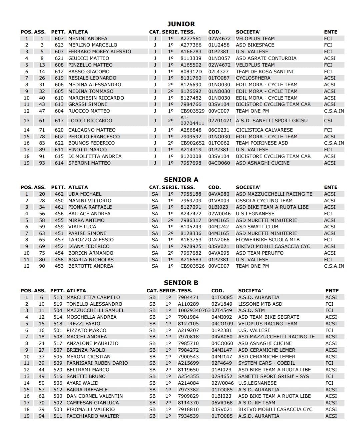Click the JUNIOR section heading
coord(181,24)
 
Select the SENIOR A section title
coord(181,180)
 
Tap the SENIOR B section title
coord(181,283)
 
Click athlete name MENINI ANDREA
coord(88,39)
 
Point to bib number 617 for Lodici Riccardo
coord(59,121)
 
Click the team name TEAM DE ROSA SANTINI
coord(265,72)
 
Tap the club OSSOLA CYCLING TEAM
coord(264,201)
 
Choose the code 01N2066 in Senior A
coord(219,240)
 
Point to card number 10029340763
coord(194,310)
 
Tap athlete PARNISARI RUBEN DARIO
coord(97,363)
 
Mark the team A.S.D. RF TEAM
coord(257,403)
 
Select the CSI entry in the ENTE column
coord(328,121)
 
